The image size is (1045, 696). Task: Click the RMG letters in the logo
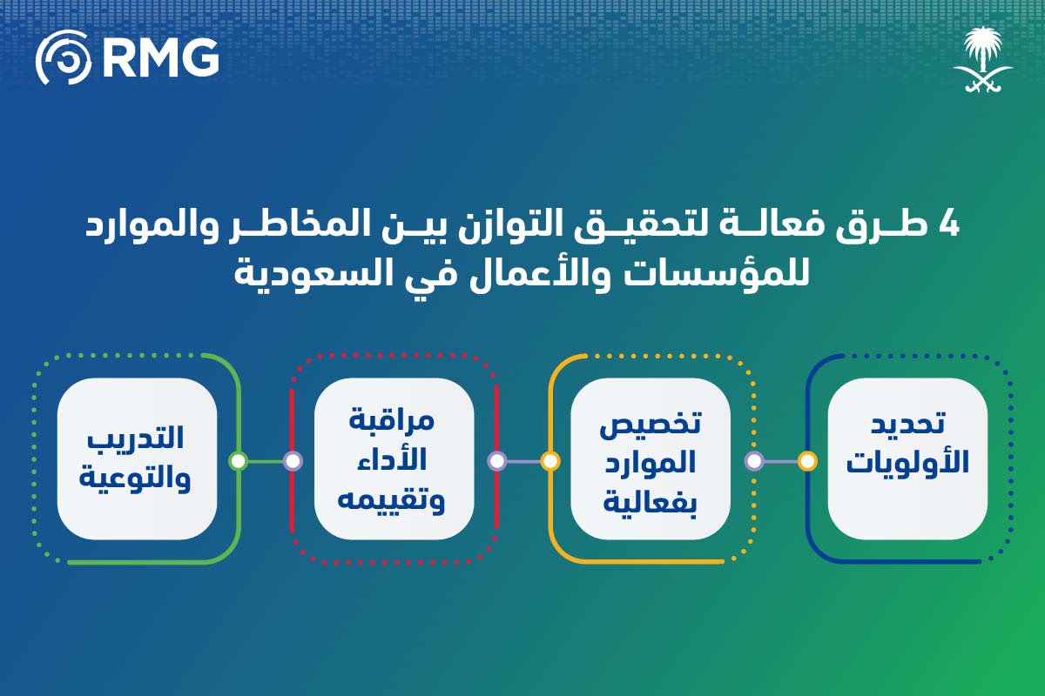(160, 57)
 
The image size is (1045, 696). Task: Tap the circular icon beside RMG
(63, 57)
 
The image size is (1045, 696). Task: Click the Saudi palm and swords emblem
(982, 59)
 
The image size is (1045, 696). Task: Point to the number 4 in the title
(947, 225)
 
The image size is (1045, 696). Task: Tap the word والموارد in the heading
(149, 225)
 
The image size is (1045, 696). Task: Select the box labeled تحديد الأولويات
(907, 458)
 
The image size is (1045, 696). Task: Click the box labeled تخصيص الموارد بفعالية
(651, 458)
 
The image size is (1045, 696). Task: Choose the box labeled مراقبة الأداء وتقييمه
(394, 458)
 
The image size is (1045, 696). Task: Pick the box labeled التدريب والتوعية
(137, 458)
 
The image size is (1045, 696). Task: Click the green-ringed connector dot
(238, 461)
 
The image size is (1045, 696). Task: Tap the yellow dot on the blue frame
(807, 461)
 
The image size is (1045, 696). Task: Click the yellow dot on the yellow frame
(550, 461)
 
